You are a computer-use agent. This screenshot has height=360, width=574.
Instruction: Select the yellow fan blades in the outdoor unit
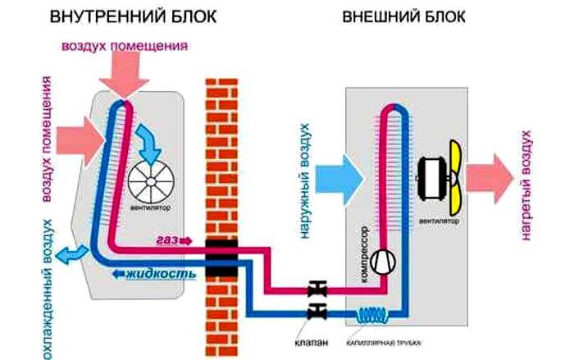(452, 173)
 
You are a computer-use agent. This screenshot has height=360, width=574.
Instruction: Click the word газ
(167, 239)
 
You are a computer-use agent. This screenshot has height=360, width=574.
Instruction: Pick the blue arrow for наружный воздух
(340, 173)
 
